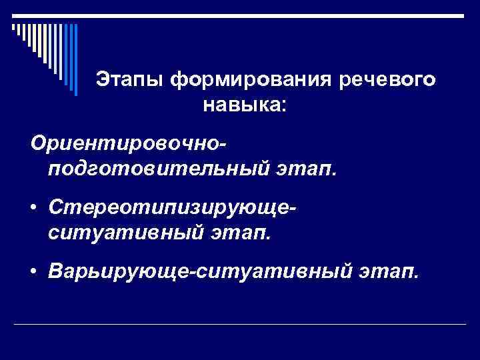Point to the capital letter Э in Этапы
click(x=102, y=80)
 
